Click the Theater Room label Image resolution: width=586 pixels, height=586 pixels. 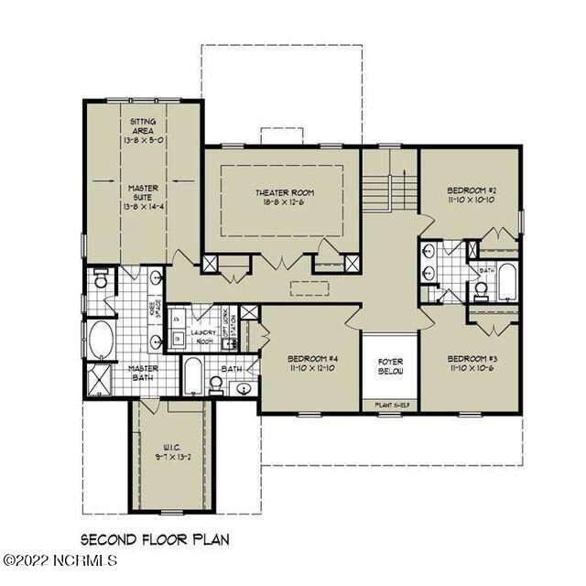click(x=284, y=192)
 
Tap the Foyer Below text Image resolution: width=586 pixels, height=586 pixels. click(x=391, y=366)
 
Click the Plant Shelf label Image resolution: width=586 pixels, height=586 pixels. click(x=391, y=403)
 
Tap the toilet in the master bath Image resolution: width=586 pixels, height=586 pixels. click(x=101, y=281)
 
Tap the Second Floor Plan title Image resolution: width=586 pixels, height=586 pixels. click(x=154, y=540)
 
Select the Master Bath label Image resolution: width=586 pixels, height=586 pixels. click(x=143, y=374)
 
